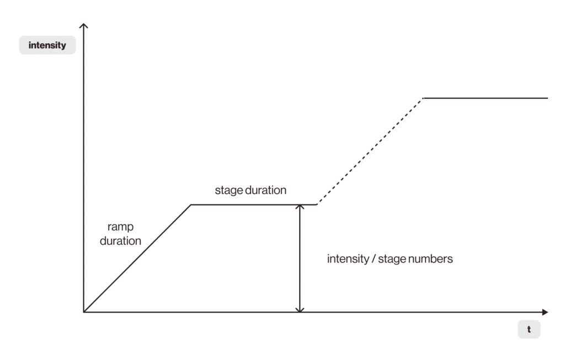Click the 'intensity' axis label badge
(47, 45)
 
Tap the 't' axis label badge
(529, 329)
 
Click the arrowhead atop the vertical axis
(83, 26)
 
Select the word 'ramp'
(120, 227)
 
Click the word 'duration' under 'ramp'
(120, 241)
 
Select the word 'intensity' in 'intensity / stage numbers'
(349, 259)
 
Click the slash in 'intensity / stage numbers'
(374, 259)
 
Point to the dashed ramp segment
(370, 152)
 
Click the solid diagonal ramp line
(137, 259)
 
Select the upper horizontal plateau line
(486, 98)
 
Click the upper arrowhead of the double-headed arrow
(300, 208)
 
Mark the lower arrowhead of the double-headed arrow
(300, 309)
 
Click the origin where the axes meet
(84, 312)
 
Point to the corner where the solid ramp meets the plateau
(191, 205)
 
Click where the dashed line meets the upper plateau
(424, 98)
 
